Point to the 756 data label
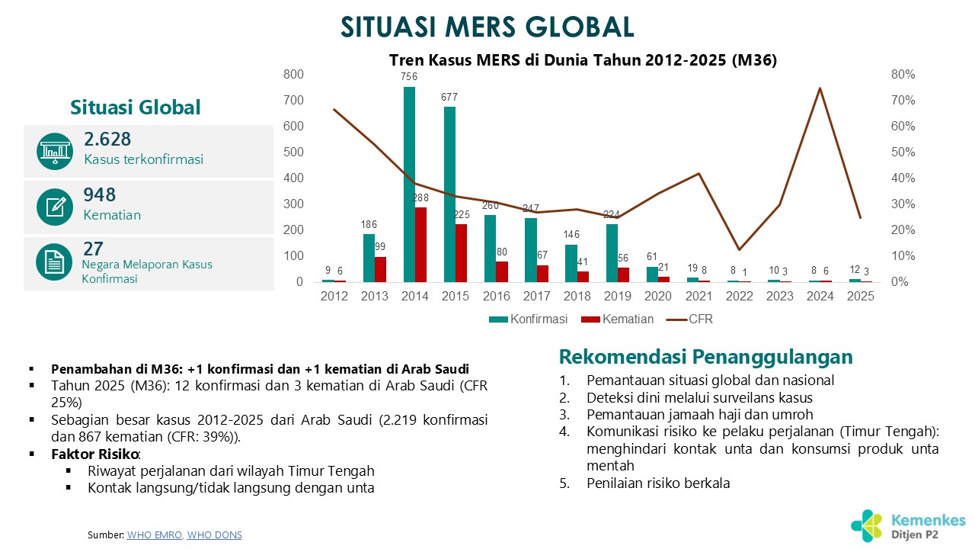click(x=410, y=76)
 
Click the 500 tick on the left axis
click(x=293, y=152)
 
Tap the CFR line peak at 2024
click(x=820, y=88)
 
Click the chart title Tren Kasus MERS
click(x=583, y=60)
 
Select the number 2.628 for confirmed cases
click(x=107, y=140)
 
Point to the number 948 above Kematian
click(x=100, y=195)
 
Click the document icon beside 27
click(x=54, y=263)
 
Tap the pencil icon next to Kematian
click(x=54, y=207)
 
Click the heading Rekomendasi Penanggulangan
click(x=706, y=357)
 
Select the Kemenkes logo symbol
click(x=868, y=525)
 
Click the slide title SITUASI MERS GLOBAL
click(x=487, y=27)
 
